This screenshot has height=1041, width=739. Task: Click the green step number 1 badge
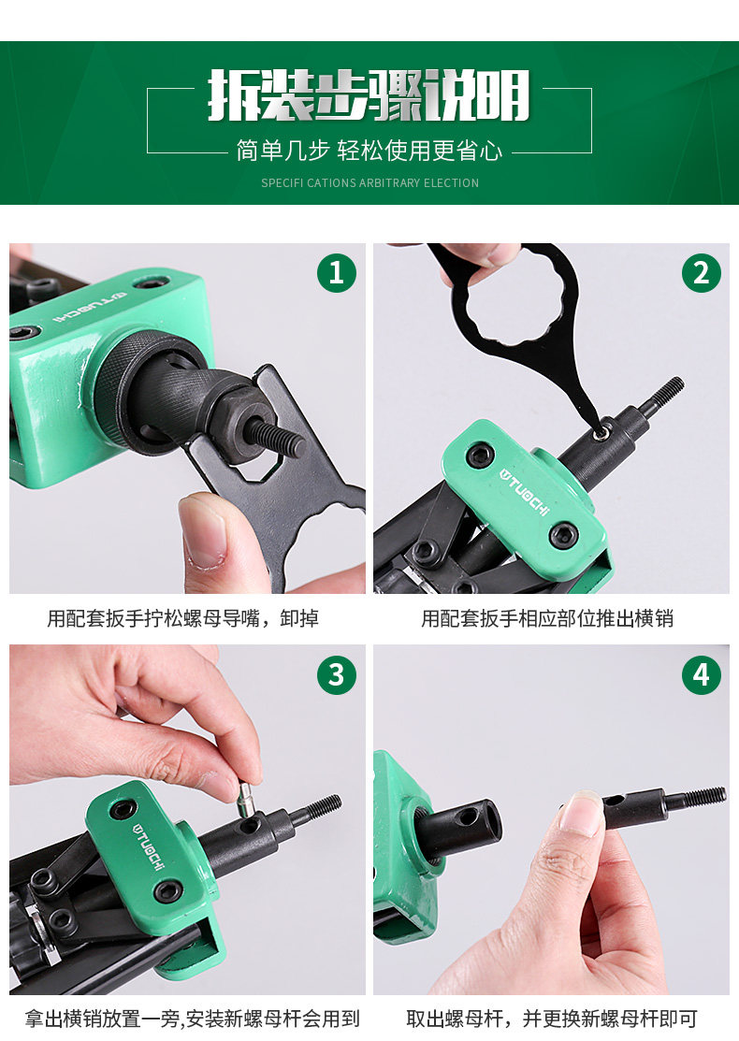coord(337,273)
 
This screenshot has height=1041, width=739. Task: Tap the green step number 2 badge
coord(702,273)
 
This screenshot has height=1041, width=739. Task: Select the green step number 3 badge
coord(337,674)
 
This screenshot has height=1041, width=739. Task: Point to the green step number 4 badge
coord(702,674)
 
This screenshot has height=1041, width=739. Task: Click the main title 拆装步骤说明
coord(369,95)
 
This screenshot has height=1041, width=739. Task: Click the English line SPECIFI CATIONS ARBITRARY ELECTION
coord(369,182)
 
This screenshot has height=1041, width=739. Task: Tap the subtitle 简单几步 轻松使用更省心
coord(369,151)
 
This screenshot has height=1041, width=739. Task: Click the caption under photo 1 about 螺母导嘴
coord(182,618)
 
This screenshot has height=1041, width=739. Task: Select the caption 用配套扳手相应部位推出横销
coord(547,618)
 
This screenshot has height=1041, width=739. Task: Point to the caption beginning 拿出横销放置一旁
coord(192,1019)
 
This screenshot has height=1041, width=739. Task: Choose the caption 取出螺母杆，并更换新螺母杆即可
coord(552,1019)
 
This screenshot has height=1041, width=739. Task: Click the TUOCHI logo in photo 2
coord(525,491)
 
